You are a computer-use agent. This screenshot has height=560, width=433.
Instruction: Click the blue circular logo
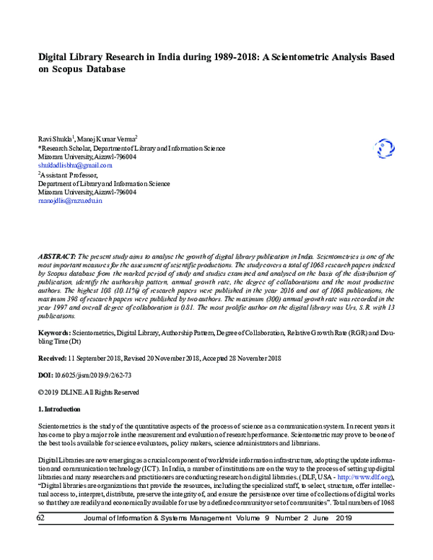(x=385, y=149)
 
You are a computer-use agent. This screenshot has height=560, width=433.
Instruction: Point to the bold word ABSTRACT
(x=56, y=257)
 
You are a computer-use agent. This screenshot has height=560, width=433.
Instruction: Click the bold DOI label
(x=45, y=375)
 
